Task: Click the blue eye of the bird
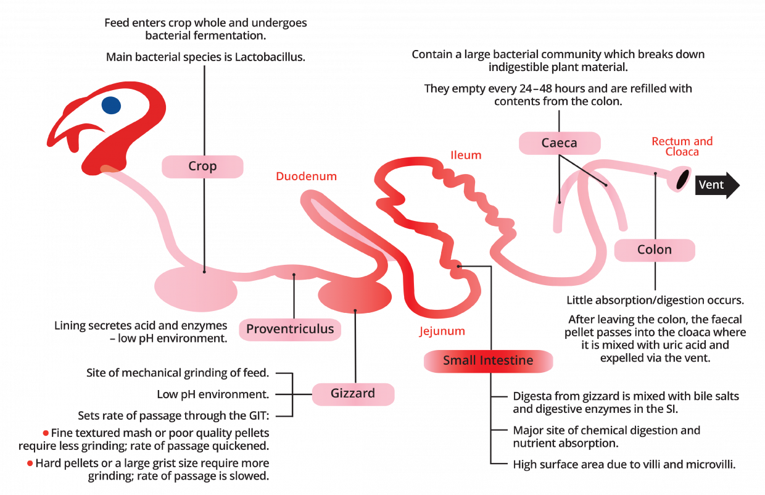[111, 105]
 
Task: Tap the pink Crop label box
[202, 167]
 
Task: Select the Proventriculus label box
[290, 330]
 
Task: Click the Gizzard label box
[353, 394]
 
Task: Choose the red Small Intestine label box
[488, 360]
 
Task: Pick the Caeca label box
[560, 143]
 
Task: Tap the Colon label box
[655, 250]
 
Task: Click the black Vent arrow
[717, 185]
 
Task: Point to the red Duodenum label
[307, 177]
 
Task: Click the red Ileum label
[466, 156]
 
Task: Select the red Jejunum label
[442, 331]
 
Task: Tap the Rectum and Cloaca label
[682, 146]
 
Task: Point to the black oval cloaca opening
[683, 179]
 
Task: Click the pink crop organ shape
[196, 289]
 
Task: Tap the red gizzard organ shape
[355, 296]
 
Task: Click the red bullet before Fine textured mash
[46, 433]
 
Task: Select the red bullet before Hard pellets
[30, 464]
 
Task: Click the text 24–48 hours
[553, 89]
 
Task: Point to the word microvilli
[711, 465]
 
